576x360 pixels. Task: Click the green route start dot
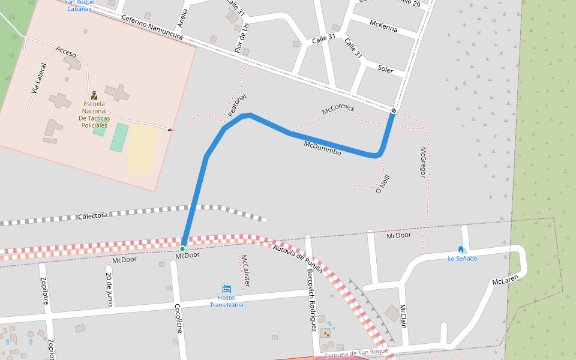click(x=182, y=248)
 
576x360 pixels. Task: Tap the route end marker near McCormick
click(x=394, y=110)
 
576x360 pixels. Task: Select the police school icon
click(x=94, y=95)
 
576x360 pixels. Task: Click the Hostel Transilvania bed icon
click(x=226, y=289)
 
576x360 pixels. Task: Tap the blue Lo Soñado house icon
click(x=461, y=250)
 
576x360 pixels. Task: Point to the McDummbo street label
click(x=322, y=148)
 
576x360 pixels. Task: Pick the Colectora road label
click(x=93, y=215)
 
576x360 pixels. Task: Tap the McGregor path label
click(x=422, y=163)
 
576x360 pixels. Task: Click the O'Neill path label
click(x=379, y=184)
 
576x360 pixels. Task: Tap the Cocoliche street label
click(x=178, y=318)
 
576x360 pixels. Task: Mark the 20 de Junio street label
click(x=109, y=290)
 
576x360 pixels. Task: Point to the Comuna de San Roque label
click(x=357, y=354)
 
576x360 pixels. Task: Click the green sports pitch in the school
click(x=119, y=137)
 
